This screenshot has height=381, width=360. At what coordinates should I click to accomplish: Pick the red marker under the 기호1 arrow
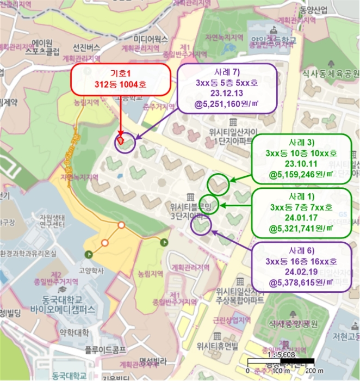[x=120, y=140]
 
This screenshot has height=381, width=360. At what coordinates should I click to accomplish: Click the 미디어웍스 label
[x=152, y=39]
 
